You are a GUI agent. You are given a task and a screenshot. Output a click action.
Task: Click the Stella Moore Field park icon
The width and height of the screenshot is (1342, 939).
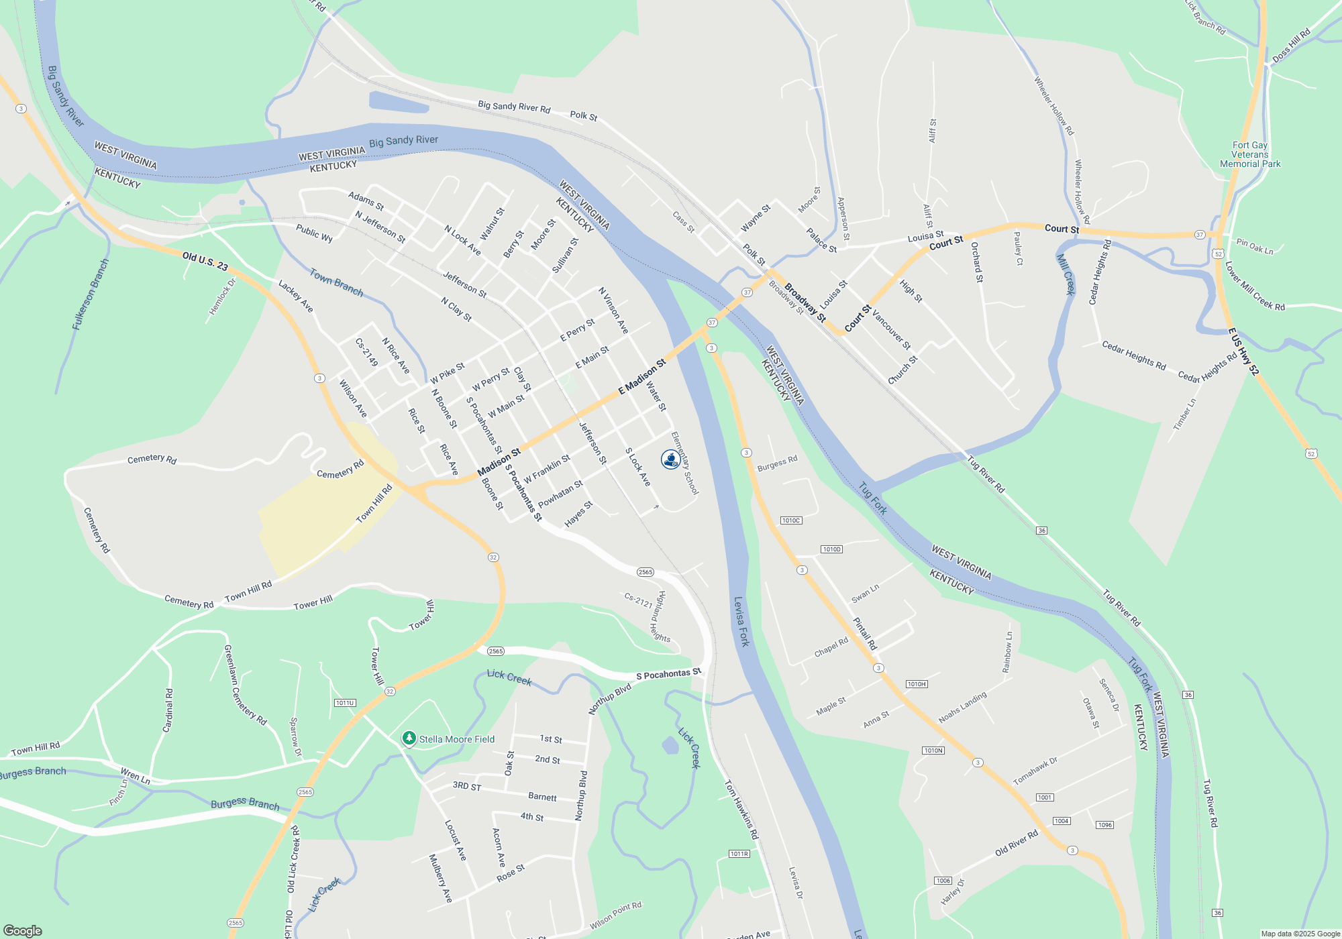(x=409, y=738)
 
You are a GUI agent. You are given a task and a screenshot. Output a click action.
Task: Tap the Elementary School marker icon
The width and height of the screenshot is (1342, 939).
(x=670, y=459)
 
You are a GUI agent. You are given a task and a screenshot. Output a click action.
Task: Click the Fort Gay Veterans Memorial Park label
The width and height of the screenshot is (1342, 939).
(x=1250, y=154)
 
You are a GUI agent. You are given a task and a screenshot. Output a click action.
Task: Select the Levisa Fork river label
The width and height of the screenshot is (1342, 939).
(x=741, y=622)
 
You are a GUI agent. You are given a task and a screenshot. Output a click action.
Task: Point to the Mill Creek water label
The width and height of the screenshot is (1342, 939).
(x=1066, y=274)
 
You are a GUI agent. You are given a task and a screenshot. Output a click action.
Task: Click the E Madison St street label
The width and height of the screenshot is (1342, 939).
(x=642, y=376)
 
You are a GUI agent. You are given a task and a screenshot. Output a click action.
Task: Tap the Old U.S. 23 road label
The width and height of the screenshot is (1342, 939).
(x=205, y=261)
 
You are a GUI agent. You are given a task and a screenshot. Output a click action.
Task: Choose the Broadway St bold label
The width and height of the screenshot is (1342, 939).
(x=805, y=302)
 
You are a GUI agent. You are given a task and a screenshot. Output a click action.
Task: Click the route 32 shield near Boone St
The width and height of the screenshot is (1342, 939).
(x=493, y=557)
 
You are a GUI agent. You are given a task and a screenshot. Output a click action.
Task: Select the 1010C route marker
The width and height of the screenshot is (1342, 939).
(x=791, y=520)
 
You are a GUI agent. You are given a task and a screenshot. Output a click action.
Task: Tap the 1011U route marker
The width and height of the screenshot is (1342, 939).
(x=345, y=703)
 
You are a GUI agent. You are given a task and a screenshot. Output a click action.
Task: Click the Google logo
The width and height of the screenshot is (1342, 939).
(x=23, y=931)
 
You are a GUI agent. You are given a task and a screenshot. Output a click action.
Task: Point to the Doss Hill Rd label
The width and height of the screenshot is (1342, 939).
(x=1291, y=46)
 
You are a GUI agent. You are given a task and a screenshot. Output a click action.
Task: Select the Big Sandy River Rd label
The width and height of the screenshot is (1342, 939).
(x=514, y=107)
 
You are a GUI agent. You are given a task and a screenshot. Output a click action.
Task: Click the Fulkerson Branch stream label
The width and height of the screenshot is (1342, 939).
(x=90, y=294)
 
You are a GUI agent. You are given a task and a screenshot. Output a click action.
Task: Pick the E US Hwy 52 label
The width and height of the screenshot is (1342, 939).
(x=1243, y=351)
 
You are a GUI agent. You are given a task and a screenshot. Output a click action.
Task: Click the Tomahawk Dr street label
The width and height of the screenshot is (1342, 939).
(x=1035, y=771)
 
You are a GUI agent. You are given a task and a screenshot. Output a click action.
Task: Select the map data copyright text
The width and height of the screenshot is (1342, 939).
(x=1300, y=934)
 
